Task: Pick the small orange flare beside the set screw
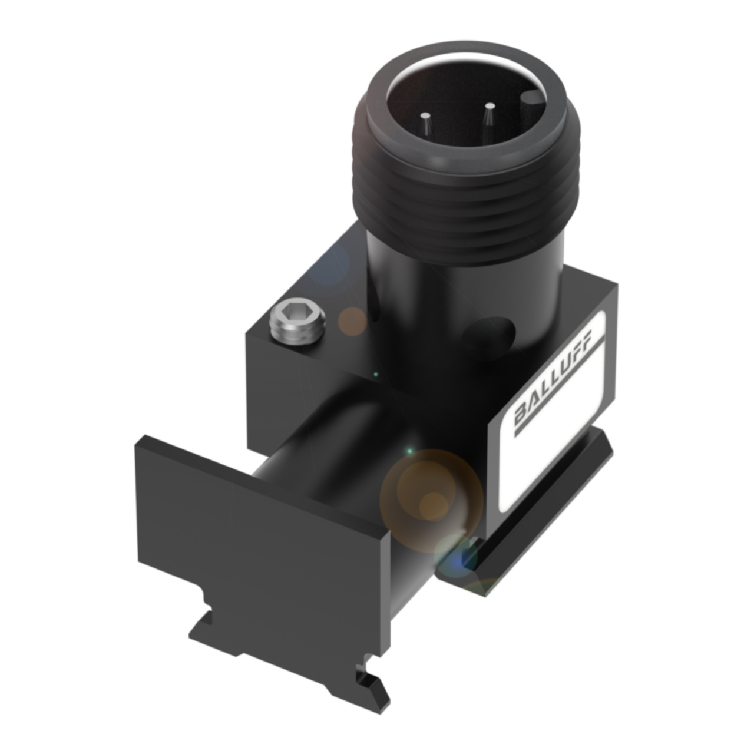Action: pyautogui.click(x=352, y=321)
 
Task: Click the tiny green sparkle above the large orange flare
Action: pyautogui.click(x=409, y=451)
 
